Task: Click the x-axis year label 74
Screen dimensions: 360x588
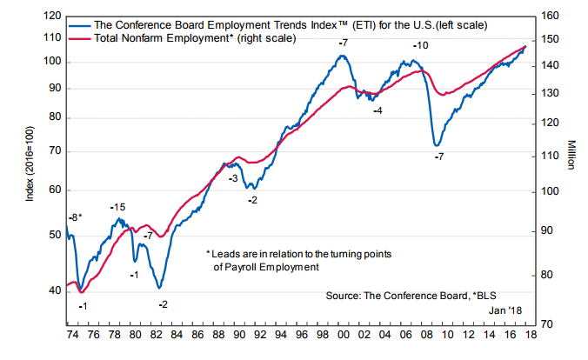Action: click(70, 334)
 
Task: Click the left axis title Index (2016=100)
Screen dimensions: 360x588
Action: click(28, 169)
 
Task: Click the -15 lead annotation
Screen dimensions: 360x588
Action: click(117, 207)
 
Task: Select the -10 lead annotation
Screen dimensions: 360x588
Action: click(420, 44)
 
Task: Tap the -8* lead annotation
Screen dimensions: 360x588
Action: click(76, 217)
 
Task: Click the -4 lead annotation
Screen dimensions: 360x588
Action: click(378, 110)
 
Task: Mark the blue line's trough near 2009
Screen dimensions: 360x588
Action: click(436, 145)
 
